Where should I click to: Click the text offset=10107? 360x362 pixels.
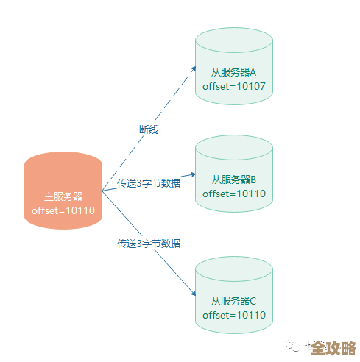click(x=234, y=87)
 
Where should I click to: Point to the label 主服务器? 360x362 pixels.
click(x=63, y=196)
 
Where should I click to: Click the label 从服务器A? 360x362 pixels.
click(x=234, y=72)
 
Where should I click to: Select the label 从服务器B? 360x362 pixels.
click(x=234, y=179)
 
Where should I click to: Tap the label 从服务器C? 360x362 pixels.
click(x=234, y=300)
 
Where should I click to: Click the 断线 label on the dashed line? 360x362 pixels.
click(x=149, y=129)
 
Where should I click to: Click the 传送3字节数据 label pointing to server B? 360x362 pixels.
click(x=149, y=182)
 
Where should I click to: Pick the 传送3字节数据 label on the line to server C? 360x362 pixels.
click(x=149, y=243)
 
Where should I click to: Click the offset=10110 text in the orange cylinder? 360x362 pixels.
click(x=63, y=211)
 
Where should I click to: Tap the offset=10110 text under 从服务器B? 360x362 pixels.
click(x=234, y=194)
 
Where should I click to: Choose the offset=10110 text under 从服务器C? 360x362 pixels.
click(x=234, y=315)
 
